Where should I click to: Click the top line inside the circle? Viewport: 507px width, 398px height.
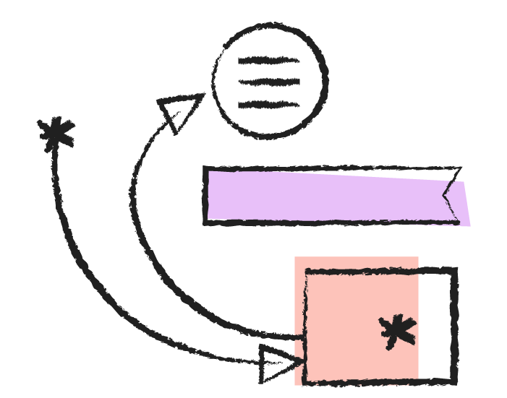[x=269, y=61]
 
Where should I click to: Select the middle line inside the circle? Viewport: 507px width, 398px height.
[x=269, y=82]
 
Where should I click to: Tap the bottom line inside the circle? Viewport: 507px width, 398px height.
[x=269, y=105]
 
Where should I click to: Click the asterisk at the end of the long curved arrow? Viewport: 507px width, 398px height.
[x=56, y=134]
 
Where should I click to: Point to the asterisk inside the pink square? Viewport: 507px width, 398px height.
[x=398, y=332]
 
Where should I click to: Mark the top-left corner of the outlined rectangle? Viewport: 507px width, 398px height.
[x=306, y=272]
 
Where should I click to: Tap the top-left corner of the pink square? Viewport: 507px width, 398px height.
[x=295, y=257]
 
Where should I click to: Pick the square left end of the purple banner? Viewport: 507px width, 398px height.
[x=208, y=195]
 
